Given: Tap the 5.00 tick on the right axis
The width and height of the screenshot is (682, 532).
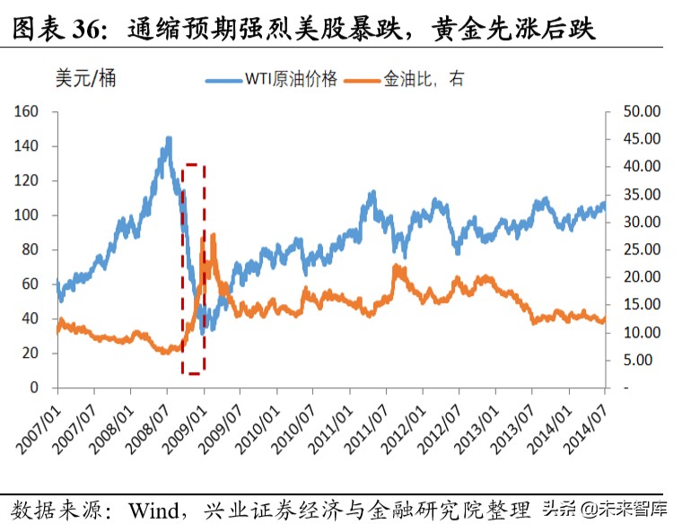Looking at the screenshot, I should click(642, 361).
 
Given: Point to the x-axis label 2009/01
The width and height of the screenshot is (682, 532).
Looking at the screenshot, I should click(184, 418).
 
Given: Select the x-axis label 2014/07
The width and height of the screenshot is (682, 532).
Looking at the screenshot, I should click(587, 418).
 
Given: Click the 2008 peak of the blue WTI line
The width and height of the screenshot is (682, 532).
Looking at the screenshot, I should click(169, 138).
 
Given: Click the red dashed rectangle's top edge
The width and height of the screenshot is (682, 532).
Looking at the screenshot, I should click(194, 165).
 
